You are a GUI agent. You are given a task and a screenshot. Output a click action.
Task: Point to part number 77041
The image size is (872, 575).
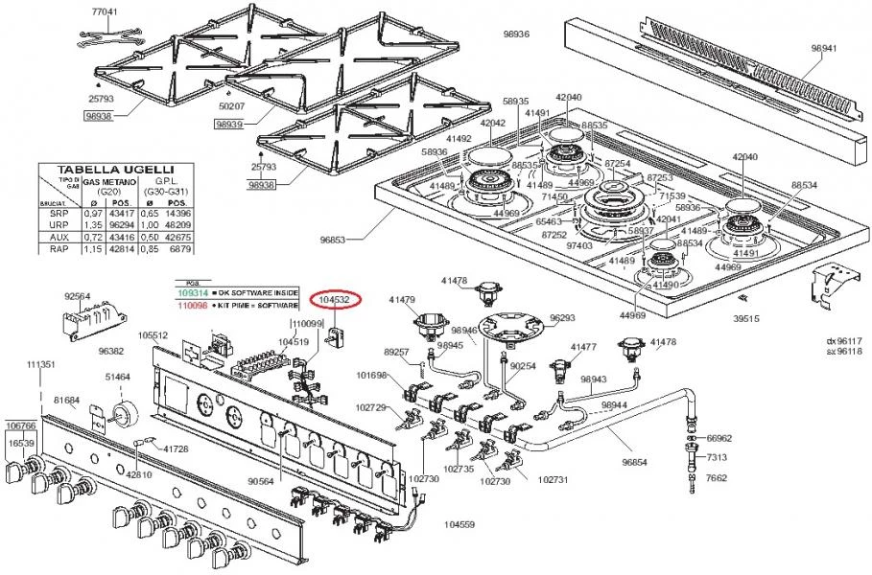click(105, 11)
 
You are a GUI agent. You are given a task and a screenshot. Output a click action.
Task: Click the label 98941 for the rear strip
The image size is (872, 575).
click(824, 47)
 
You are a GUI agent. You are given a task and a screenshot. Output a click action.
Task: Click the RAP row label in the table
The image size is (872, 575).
click(58, 249)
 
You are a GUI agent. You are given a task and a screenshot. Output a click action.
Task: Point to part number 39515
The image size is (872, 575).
click(745, 317)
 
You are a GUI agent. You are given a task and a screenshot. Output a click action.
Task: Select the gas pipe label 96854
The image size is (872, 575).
click(635, 463)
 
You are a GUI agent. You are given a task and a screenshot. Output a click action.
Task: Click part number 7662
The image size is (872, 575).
click(717, 476)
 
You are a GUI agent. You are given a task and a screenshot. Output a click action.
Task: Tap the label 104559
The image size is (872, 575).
click(459, 524)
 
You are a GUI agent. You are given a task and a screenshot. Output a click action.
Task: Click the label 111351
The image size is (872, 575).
click(40, 365)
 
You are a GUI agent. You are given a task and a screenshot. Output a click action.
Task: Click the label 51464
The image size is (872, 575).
click(118, 378)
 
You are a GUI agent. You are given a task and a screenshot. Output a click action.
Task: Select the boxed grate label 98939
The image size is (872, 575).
click(229, 124)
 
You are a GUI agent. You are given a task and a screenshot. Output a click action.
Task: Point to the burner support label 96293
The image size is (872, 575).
click(562, 317)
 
